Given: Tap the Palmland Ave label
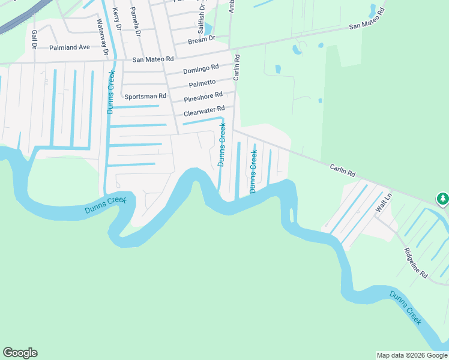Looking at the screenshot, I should click(69, 47).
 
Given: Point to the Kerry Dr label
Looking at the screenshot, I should click(118, 20).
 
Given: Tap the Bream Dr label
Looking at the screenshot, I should click(201, 39).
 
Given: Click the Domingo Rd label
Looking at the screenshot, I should click(200, 70).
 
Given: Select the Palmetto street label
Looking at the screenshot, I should click(202, 83).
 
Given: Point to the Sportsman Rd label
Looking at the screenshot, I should click(145, 96).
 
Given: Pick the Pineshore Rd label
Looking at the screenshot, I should click(203, 97).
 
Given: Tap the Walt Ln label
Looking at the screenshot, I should click(383, 202).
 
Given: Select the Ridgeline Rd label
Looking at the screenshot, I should click(415, 263).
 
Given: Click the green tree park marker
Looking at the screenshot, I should click(442, 198).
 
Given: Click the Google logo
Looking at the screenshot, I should click(20, 353).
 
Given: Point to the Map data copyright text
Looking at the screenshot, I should click(412, 355).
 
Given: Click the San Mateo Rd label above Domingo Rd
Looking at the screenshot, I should click(152, 59).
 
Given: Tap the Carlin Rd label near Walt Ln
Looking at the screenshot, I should click(342, 170).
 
